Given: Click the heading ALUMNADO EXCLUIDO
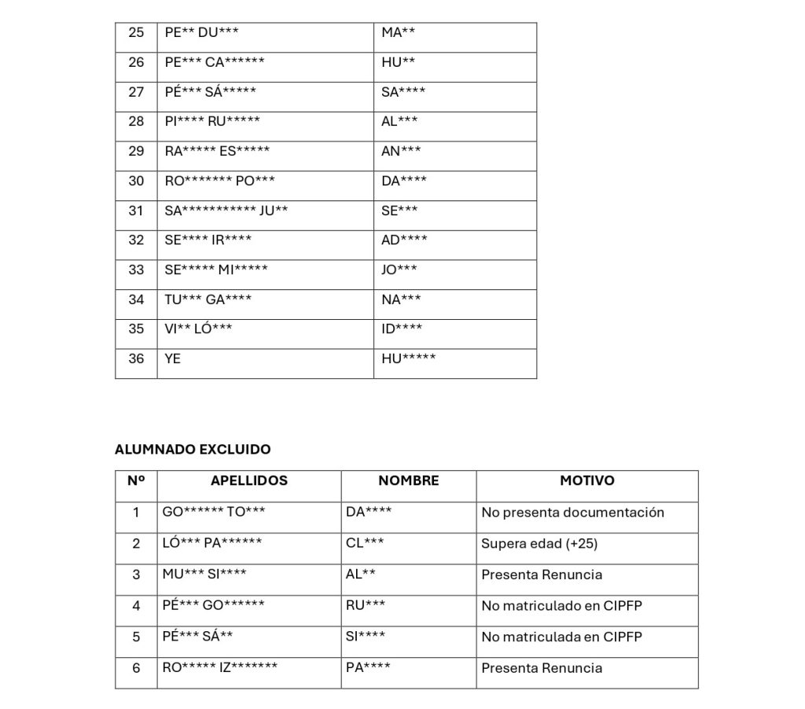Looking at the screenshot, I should [x=193, y=450].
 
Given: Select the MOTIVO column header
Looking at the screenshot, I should [x=587, y=480].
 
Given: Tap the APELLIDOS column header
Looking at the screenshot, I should [x=249, y=480].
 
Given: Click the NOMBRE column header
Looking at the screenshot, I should [x=409, y=480].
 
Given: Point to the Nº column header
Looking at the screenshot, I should [x=136, y=480].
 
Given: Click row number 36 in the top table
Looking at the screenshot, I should [x=136, y=358].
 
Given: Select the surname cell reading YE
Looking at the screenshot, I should [x=173, y=358].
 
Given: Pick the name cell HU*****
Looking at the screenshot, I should [x=408, y=358].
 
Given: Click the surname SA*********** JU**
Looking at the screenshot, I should [x=226, y=211].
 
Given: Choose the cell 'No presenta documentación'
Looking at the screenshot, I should [x=573, y=512].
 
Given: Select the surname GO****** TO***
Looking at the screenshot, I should [x=214, y=512].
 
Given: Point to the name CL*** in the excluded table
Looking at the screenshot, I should [x=365, y=543].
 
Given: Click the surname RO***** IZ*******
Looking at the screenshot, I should [x=220, y=668].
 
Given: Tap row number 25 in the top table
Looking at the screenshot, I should [x=136, y=32].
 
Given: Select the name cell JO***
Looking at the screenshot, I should [x=399, y=270].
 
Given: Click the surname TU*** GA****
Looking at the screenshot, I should [x=208, y=299].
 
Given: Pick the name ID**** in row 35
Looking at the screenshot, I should [x=402, y=329].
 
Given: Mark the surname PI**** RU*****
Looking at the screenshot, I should [x=212, y=121].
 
